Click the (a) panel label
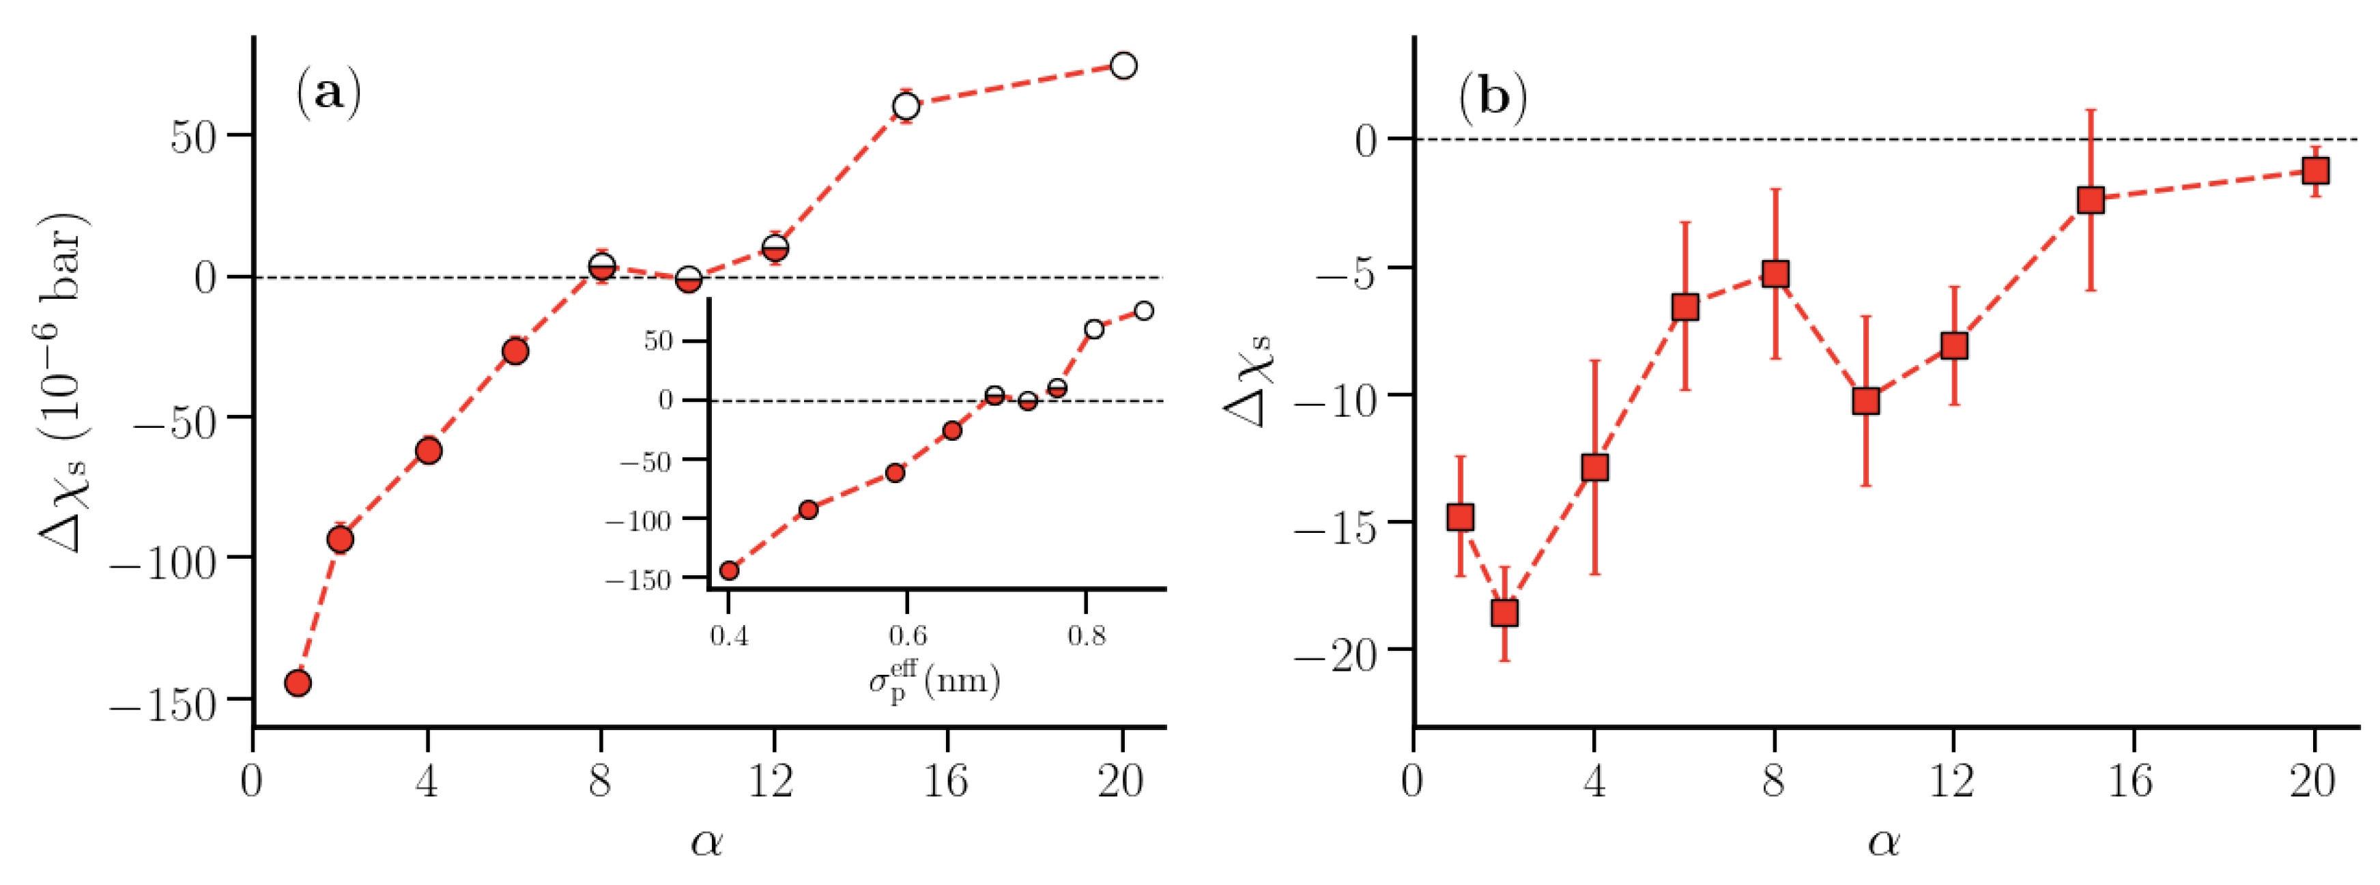(328, 93)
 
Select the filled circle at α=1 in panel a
(298, 684)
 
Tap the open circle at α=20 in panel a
(1123, 66)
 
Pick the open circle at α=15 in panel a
(906, 106)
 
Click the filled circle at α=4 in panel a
(428, 451)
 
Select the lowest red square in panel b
(1505, 613)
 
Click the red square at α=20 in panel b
(2315, 171)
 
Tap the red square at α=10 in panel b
(1866, 401)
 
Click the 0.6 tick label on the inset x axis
(907, 637)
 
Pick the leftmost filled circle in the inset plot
(729, 570)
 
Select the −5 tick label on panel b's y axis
(1349, 274)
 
